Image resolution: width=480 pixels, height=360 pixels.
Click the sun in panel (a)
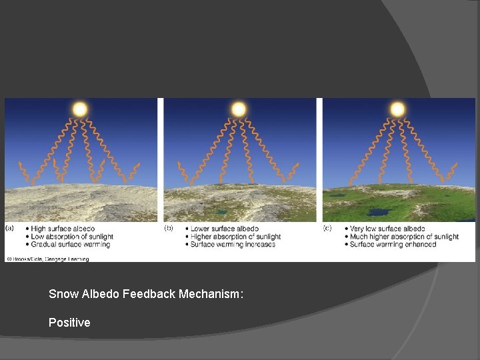80,109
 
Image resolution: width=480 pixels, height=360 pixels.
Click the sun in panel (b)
239,109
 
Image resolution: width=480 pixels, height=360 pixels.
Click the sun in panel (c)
397,109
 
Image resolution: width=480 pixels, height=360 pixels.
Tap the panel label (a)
10,228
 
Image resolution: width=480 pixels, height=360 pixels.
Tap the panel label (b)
169,228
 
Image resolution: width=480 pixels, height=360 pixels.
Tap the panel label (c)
327,228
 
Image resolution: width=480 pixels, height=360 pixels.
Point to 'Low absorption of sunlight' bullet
72,237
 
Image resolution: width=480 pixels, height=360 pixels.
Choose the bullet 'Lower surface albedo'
224,229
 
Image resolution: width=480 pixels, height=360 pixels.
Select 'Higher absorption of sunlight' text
235,237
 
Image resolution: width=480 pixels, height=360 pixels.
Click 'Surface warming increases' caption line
233,245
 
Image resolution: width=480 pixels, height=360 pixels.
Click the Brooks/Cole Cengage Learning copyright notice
49,257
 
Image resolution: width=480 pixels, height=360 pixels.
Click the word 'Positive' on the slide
69,323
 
